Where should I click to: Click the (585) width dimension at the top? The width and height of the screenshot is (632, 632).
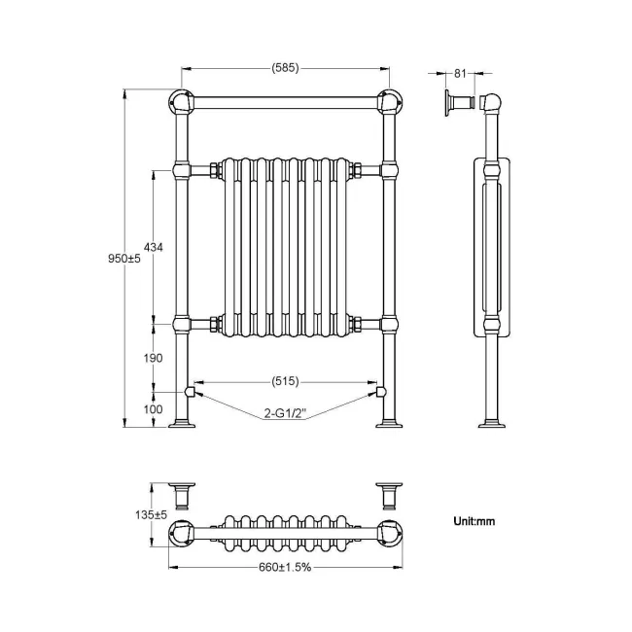tap(285, 68)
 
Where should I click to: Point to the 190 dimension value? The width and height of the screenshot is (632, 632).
tap(153, 358)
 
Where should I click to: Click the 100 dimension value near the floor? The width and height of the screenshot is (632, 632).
tap(153, 409)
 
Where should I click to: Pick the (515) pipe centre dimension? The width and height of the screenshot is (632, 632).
tap(285, 380)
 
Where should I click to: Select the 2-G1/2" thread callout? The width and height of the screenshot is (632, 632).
tap(285, 415)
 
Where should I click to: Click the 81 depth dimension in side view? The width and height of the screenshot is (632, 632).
tap(462, 72)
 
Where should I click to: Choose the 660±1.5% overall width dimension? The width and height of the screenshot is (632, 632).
tap(285, 569)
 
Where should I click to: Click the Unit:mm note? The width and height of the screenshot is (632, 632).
tap(474, 521)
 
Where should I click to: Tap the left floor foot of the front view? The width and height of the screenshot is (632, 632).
tap(182, 422)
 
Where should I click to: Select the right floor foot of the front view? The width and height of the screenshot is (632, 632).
tap(389, 422)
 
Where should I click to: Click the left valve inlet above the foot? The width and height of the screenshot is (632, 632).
tap(192, 391)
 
